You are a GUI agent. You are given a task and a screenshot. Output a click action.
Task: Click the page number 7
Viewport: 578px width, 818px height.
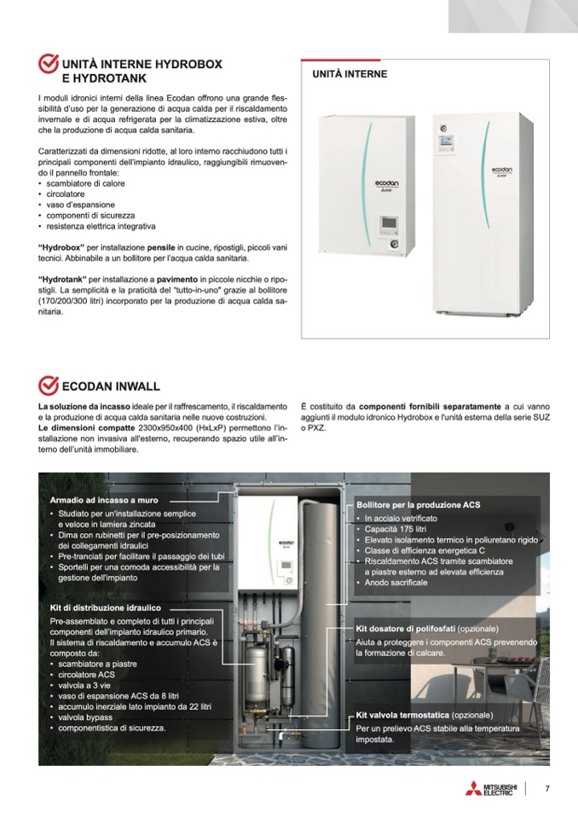546,787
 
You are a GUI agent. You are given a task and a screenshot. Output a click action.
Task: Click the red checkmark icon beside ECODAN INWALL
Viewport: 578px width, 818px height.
49,385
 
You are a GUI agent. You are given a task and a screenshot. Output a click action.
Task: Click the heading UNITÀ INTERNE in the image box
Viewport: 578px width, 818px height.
350,74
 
